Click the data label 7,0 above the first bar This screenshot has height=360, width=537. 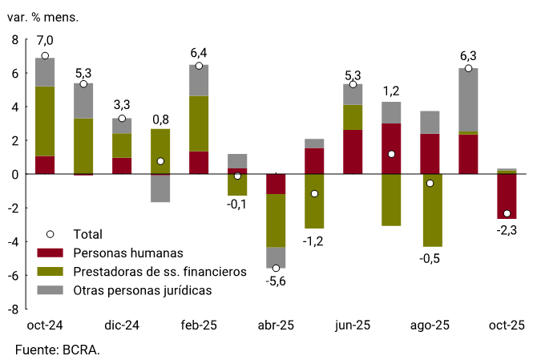[45, 40]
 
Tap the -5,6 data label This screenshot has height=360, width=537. [276, 281]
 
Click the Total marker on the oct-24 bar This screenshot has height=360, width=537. [45, 56]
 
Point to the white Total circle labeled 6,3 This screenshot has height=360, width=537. [468, 68]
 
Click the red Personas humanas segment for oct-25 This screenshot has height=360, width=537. [507, 196]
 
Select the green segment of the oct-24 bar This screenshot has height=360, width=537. [45, 120]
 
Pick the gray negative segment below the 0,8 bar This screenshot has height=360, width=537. [160, 188]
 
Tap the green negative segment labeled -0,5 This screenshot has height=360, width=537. [430, 210]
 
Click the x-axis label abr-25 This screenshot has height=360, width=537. [276, 326]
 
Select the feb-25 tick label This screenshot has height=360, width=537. [199, 326]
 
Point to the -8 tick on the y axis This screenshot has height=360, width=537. [14, 309]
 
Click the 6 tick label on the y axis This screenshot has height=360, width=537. [14, 73]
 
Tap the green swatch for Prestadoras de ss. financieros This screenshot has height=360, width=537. [50, 272]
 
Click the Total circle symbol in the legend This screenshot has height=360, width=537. [50, 234]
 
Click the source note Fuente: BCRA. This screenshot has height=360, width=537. [58, 350]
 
